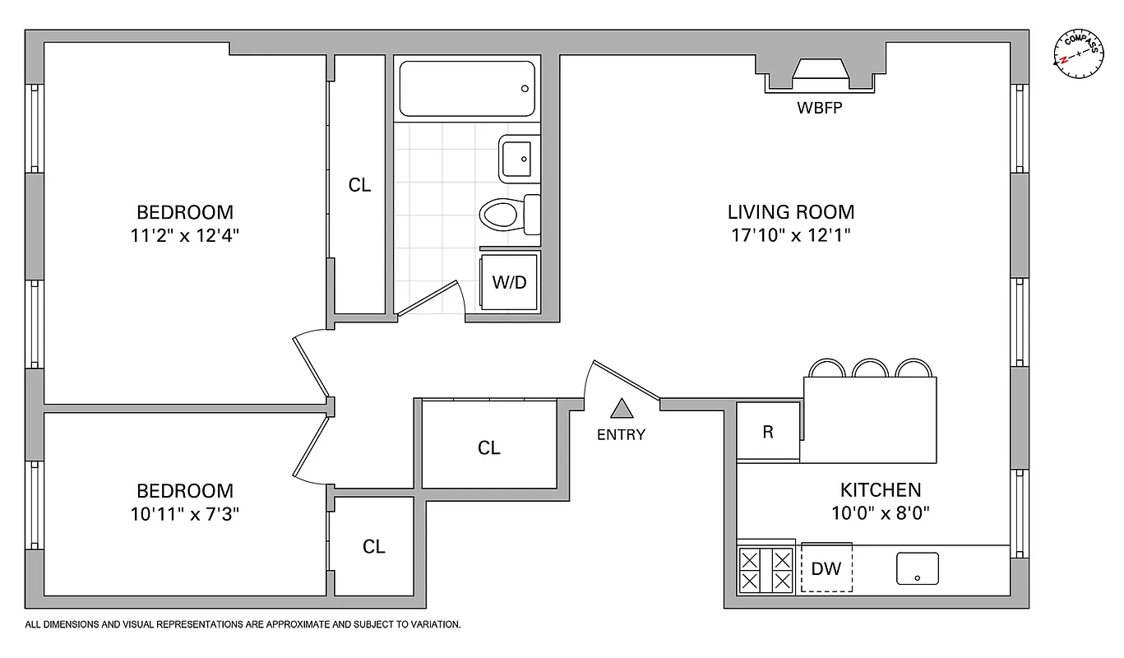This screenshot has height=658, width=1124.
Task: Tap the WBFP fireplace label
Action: (x=819, y=108)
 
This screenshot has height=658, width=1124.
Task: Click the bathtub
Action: (x=467, y=89)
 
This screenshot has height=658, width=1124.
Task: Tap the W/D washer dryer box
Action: (x=509, y=282)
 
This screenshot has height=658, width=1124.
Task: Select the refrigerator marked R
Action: (x=768, y=432)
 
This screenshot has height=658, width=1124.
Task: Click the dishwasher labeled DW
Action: (x=826, y=568)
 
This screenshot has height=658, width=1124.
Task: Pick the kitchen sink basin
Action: (x=918, y=568)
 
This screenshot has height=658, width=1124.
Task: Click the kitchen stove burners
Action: (x=766, y=570)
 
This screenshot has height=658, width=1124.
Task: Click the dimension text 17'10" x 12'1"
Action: (x=790, y=235)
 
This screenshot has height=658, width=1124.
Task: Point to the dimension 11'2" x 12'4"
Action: (x=185, y=235)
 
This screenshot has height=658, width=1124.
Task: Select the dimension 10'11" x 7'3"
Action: (x=185, y=514)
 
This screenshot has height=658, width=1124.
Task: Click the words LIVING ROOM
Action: (x=790, y=212)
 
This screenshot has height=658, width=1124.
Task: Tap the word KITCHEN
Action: (x=880, y=490)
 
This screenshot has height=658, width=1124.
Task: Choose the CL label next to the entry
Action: (x=489, y=447)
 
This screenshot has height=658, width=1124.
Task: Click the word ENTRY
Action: (x=622, y=435)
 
